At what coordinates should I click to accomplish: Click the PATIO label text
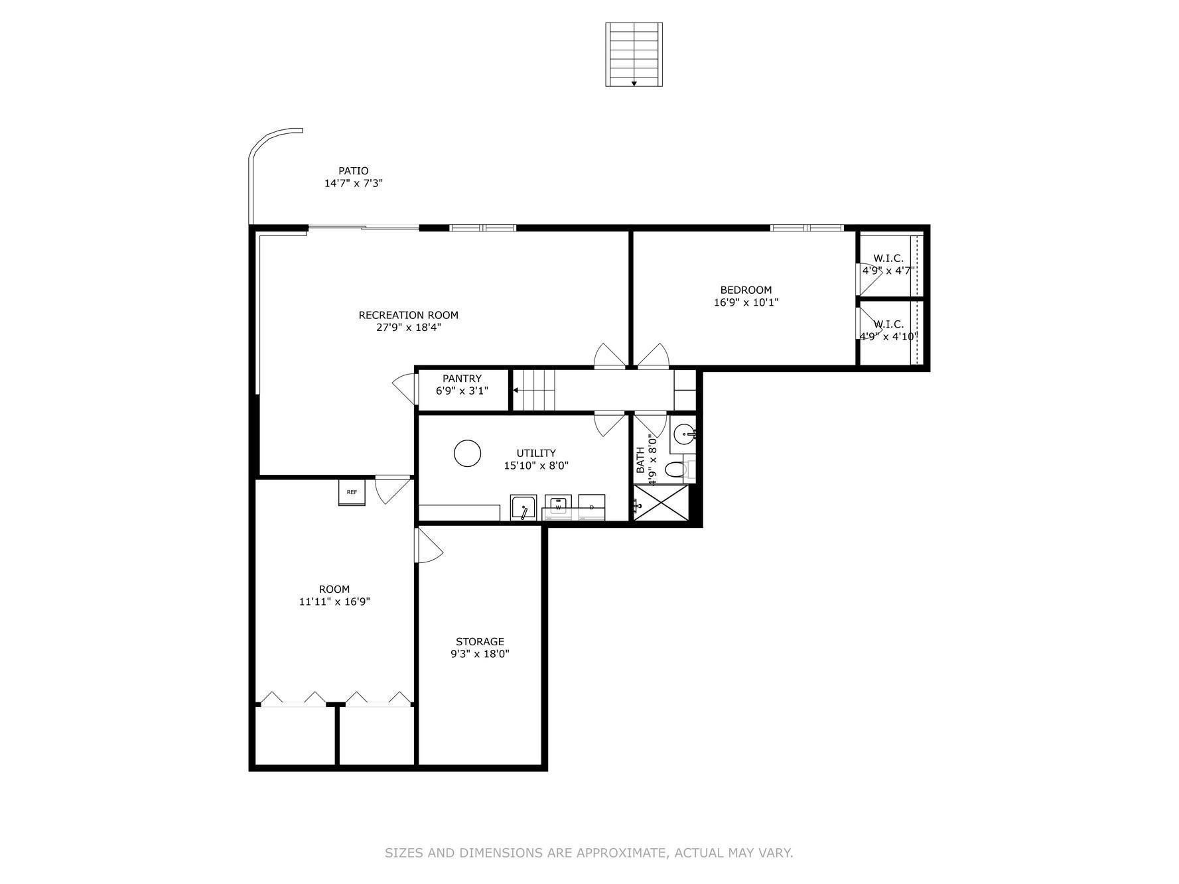coord(353,171)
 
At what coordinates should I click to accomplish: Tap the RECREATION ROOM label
coord(408,315)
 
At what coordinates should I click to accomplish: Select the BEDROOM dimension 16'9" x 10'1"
coord(746,302)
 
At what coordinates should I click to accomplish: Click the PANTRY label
coord(462,379)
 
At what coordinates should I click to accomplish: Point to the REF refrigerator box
coord(352,492)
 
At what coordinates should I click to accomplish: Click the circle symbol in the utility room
coord(467,454)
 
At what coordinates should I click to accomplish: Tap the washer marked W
coord(558,507)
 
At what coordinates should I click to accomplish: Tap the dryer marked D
coord(591,507)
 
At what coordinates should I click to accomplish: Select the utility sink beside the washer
coord(523,508)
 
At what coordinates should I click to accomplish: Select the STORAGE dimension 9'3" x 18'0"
coord(480,654)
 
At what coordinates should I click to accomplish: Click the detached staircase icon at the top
coord(634,54)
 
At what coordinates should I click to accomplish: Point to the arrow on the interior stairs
coord(517,391)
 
